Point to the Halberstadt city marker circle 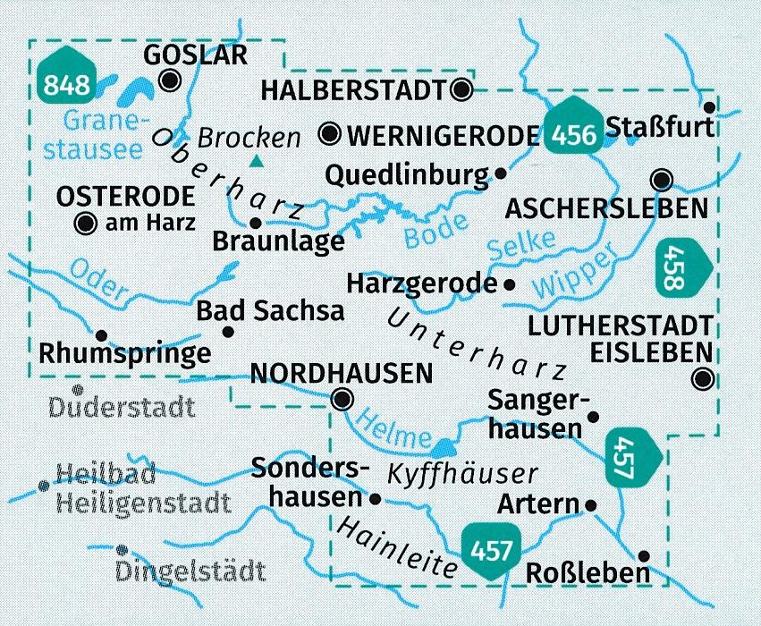click(x=461, y=89)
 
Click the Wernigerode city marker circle click(x=332, y=135)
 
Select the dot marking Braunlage click(x=255, y=223)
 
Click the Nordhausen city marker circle click(x=342, y=399)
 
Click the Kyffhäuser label click(x=462, y=473)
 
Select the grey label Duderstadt click(x=123, y=409)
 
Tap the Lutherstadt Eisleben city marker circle click(x=704, y=379)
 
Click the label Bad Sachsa click(x=270, y=311)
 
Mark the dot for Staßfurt click(x=735, y=106)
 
